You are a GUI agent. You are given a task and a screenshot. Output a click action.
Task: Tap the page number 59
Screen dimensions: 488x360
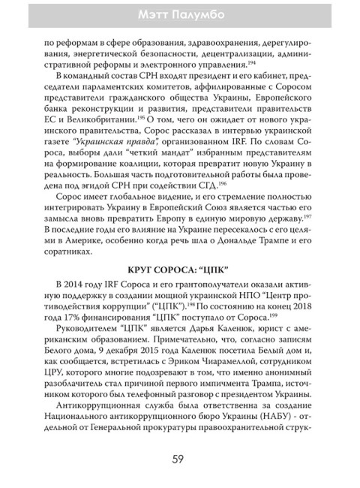tap(179, 459)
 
